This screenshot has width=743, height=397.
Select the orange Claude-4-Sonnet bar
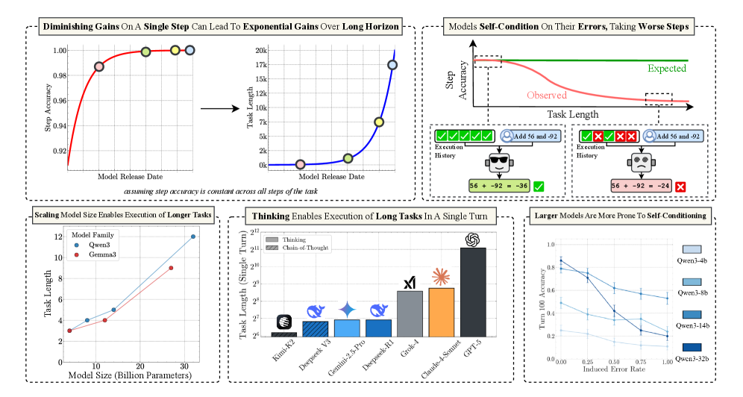[x=440, y=311]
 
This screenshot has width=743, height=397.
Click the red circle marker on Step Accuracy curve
[x=99, y=66]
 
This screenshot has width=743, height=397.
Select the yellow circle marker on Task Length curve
[x=379, y=122]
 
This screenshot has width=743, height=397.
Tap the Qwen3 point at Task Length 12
[x=193, y=237]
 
